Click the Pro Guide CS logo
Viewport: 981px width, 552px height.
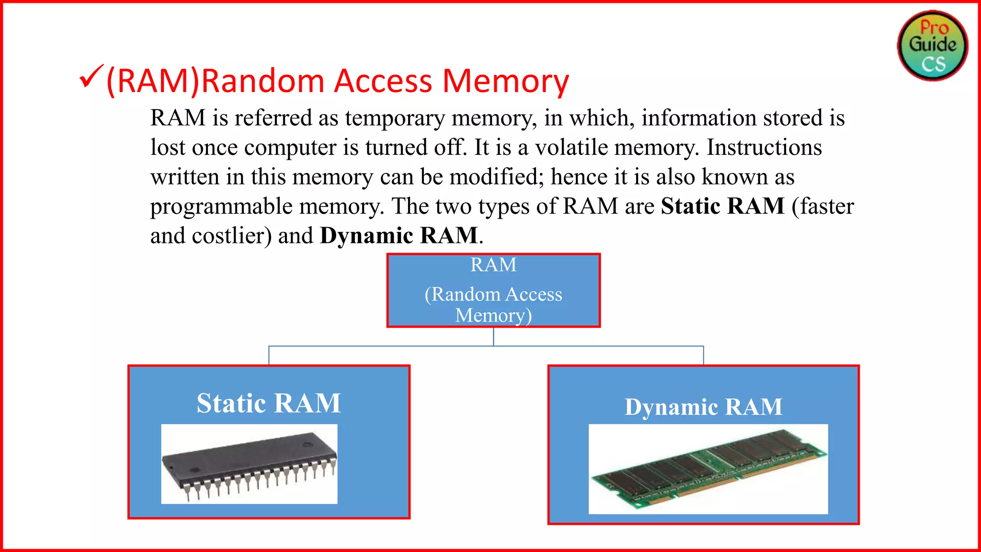(932, 46)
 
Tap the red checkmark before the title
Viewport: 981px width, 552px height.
(91, 76)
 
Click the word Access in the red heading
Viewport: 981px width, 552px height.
(383, 80)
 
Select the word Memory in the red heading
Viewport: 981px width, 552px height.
(505, 81)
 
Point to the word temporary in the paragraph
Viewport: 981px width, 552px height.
(395, 118)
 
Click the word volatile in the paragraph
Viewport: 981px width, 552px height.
(571, 148)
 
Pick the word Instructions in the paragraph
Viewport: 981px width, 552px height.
(764, 148)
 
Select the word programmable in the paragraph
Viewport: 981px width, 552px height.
(221, 207)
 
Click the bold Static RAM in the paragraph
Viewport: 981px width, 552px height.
(722, 206)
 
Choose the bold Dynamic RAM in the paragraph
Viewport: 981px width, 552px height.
(399, 236)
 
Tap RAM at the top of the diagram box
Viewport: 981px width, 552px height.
(493, 265)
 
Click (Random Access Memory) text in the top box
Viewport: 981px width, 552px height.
(493, 304)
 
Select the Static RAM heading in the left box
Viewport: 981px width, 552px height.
(269, 403)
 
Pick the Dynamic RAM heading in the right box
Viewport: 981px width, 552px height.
(703, 407)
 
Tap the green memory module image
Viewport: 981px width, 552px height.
(708, 469)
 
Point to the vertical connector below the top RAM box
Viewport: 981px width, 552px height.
(493, 336)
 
